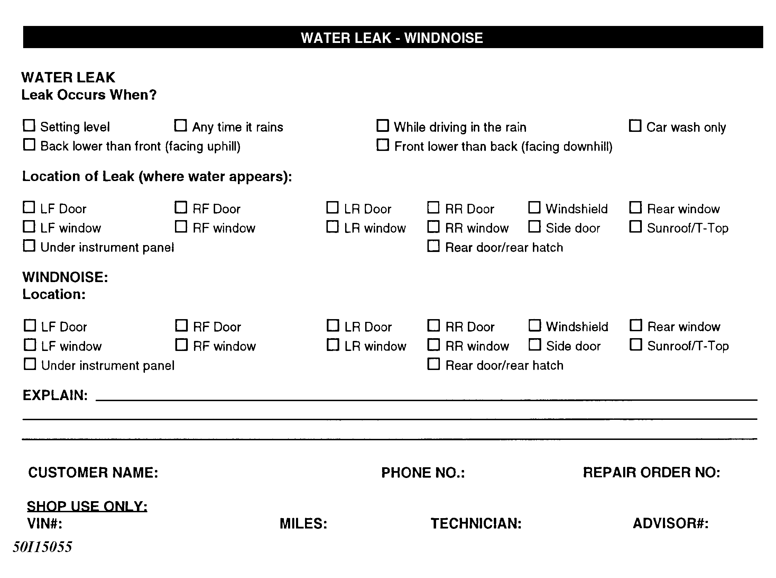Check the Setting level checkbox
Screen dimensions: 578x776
(x=29, y=125)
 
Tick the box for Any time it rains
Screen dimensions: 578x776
(x=181, y=125)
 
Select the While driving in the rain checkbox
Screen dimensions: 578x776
(x=382, y=125)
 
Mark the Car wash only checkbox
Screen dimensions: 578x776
(x=635, y=125)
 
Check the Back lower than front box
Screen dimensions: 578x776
(x=29, y=145)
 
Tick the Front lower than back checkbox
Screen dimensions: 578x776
(x=382, y=145)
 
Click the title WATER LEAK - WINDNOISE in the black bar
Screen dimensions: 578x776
(x=391, y=38)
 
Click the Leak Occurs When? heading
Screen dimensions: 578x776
(x=89, y=95)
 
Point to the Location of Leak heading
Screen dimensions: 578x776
(x=157, y=176)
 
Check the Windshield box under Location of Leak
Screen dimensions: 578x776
(x=534, y=207)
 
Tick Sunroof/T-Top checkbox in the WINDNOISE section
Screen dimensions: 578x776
(x=636, y=345)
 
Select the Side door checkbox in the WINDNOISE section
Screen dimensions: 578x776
(x=535, y=345)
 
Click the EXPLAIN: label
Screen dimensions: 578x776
(x=55, y=395)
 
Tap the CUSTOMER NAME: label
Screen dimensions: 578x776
(x=93, y=472)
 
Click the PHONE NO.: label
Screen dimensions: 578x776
(x=423, y=472)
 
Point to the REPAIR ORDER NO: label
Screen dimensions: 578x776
(x=651, y=472)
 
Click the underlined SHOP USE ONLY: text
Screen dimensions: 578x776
(x=87, y=506)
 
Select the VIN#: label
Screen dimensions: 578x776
(x=45, y=523)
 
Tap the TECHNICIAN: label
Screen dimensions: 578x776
(x=476, y=523)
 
